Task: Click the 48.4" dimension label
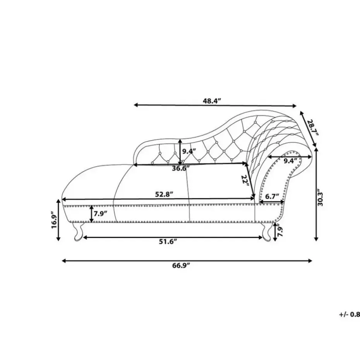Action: tap(211, 101)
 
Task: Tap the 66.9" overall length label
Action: tap(182, 266)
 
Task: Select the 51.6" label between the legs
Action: tap(168, 242)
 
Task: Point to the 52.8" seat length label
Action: tap(164, 194)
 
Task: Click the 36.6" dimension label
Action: tap(181, 168)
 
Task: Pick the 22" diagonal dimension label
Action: tap(245, 180)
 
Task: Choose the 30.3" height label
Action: tap(320, 197)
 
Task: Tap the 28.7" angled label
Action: tap(313, 128)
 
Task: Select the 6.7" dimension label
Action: tap(272, 197)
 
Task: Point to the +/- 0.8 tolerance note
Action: tap(350, 315)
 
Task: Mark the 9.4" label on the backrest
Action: tap(189, 151)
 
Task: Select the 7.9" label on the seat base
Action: tap(101, 214)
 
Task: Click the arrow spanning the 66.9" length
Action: tap(187, 261)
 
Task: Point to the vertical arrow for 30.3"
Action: tap(316, 194)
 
